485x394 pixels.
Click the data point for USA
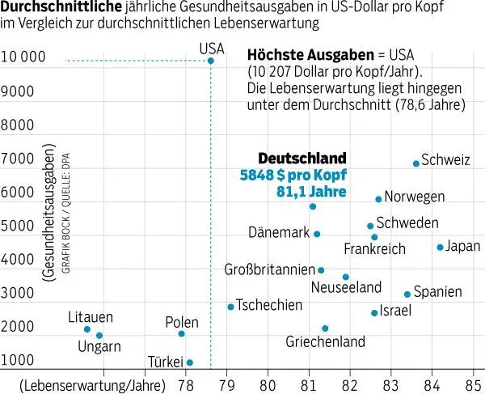(211, 60)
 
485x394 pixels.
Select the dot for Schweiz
(416, 163)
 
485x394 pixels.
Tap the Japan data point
(440, 247)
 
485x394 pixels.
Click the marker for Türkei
(190, 362)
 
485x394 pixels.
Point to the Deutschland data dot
(313, 206)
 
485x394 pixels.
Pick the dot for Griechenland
(325, 328)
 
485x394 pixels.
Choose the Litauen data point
(87, 329)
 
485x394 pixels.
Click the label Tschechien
(270, 305)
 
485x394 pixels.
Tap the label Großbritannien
(268, 269)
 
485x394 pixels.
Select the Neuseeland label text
(347, 287)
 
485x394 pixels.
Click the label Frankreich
(374, 249)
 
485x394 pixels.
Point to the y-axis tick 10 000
(27, 57)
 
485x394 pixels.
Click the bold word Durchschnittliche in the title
(61, 7)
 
